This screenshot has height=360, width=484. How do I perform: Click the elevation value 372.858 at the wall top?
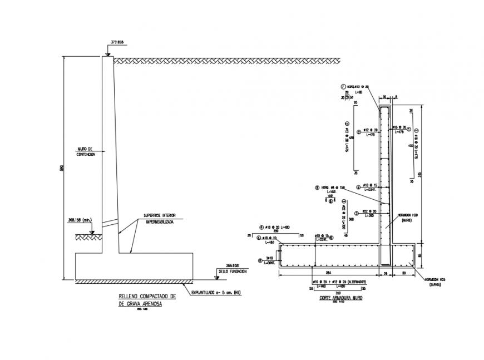click(x=117, y=42)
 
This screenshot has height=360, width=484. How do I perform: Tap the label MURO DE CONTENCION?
click(x=86, y=152)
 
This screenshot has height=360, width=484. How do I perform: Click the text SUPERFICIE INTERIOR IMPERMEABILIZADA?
click(x=161, y=218)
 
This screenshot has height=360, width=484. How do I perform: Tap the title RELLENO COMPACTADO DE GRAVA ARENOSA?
click(x=147, y=300)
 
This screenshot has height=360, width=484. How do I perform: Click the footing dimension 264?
click(x=328, y=273)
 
